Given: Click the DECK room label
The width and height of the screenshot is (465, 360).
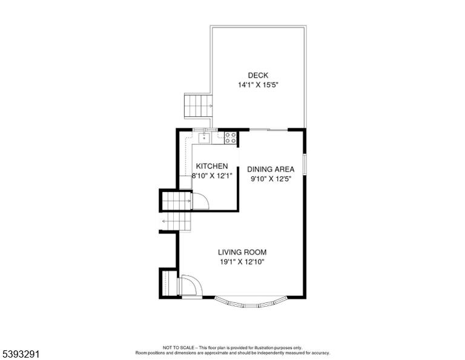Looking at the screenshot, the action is click(258, 75).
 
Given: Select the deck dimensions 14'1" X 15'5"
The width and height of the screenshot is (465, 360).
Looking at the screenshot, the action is click(258, 85).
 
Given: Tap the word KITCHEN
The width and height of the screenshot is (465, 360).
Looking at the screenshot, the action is click(212, 166).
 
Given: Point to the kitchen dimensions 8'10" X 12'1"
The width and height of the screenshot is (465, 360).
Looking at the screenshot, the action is click(212, 176).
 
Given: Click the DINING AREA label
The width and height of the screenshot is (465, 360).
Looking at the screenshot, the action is click(271, 169).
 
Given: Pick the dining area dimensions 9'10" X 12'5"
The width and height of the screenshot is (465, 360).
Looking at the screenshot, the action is click(271, 179).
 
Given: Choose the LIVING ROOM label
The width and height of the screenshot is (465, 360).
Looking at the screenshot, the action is click(242, 252).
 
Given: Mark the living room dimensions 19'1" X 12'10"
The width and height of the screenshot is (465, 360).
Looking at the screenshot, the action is click(242, 262).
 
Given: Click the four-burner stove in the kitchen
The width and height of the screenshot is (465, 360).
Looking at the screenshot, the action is click(231, 138).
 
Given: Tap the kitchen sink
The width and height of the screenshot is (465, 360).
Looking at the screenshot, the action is click(204, 138).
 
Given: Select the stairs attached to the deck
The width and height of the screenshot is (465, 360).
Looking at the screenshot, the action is click(199, 106).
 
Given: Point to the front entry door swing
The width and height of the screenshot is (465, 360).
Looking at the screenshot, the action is click(192, 285).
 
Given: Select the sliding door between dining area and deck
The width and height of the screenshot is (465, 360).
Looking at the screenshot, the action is click(269, 130).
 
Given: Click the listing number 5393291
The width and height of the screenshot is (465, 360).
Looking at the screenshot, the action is click(21, 354).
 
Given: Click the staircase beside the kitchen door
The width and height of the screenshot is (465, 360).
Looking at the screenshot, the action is click(177, 201).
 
